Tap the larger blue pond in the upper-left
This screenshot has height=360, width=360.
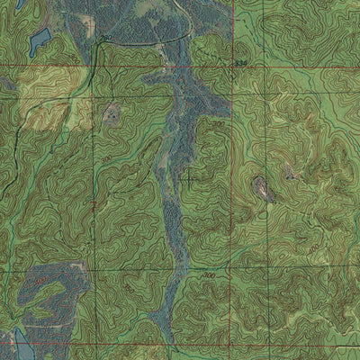point(40,40)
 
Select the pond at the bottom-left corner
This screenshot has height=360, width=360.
point(20,343)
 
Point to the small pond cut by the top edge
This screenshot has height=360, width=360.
point(20,4)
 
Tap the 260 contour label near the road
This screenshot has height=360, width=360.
point(107,39)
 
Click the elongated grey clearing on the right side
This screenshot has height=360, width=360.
point(262,189)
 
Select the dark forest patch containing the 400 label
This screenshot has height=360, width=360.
point(45,292)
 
